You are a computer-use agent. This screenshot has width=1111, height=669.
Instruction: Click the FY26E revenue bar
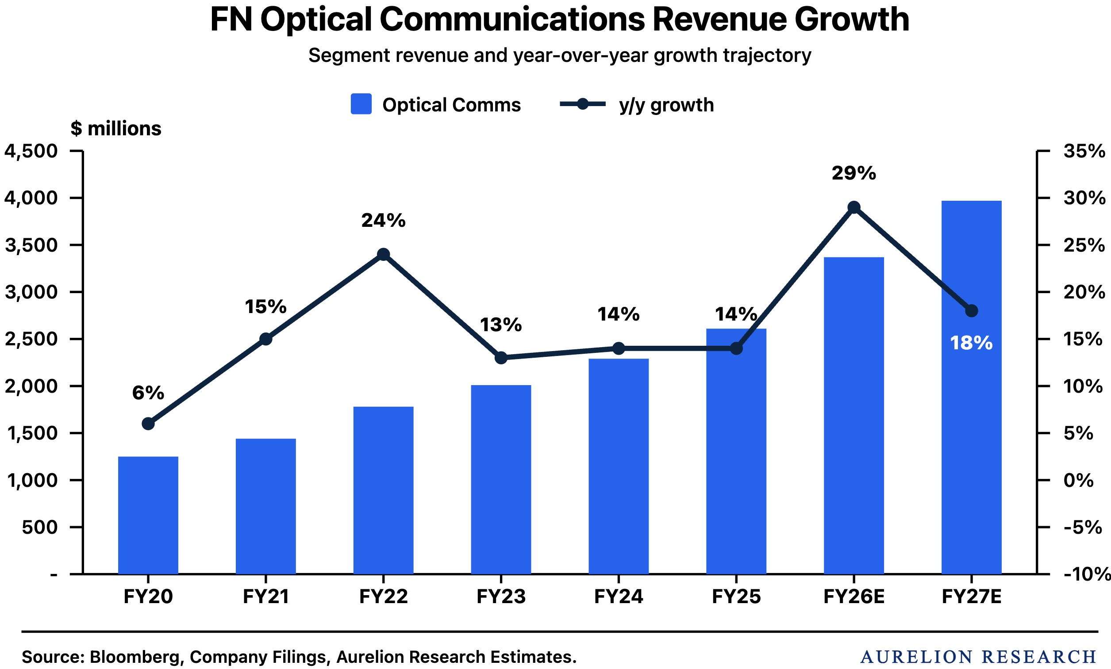(853, 415)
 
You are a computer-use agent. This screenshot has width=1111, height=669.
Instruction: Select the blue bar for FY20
(148, 516)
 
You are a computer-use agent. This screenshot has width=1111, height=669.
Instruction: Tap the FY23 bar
(501, 479)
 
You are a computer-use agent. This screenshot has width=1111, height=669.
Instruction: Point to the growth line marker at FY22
(383, 255)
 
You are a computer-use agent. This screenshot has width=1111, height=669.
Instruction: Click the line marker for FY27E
(972, 311)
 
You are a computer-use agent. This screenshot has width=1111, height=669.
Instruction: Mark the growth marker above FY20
(148, 424)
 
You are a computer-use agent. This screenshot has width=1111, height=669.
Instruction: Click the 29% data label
(853, 173)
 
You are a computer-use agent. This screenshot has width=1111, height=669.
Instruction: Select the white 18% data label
(971, 343)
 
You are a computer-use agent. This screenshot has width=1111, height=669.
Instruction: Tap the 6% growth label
(148, 393)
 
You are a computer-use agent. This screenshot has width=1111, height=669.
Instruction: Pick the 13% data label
(500, 325)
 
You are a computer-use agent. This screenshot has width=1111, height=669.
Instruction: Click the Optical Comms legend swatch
(361, 104)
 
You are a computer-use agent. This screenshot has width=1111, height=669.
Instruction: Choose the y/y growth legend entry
(637, 104)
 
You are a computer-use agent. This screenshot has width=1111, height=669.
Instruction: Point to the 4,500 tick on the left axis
(31, 151)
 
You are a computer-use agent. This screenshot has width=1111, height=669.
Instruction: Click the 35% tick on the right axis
(1084, 151)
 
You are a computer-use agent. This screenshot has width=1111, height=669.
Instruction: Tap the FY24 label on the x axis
(619, 596)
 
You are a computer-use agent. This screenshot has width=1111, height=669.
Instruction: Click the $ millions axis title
(116, 129)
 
